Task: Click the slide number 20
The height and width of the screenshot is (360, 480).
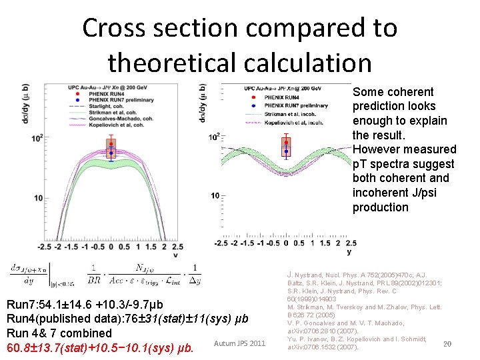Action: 447,344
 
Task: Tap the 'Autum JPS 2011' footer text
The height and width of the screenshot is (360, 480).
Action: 239,344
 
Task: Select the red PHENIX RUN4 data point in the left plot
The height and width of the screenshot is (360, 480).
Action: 111,142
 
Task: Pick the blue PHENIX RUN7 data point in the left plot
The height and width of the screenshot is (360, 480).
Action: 111,152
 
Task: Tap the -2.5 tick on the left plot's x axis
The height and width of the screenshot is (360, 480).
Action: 43,247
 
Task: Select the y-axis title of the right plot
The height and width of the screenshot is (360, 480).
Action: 203,103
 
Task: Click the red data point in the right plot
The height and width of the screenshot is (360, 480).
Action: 287,143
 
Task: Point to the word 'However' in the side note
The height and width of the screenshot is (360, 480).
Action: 375,149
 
